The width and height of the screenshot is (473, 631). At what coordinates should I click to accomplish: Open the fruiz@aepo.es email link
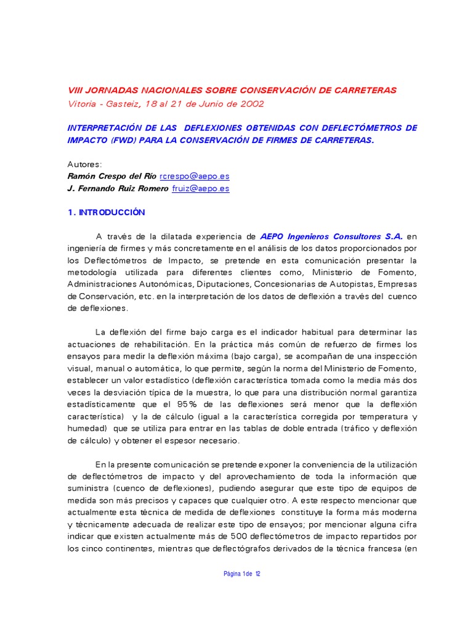click(200, 189)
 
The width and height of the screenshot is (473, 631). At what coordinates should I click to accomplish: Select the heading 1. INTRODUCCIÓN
click(106, 212)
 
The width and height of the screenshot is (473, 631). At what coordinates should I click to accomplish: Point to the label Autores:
click(84, 164)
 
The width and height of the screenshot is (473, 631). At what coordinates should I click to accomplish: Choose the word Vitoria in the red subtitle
click(82, 104)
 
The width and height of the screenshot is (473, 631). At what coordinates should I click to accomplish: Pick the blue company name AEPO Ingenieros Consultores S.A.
click(332, 236)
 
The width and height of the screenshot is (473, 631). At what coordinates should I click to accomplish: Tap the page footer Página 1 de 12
click(241, 574)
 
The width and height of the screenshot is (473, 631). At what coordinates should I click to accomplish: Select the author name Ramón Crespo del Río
click(111, 176)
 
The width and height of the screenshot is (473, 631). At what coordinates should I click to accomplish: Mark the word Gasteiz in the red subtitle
click(127, 104)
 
